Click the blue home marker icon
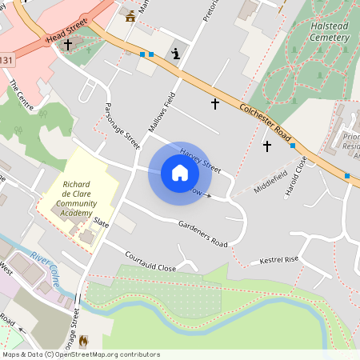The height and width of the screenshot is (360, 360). tap(179, 173)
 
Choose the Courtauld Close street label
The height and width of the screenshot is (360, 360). tap(150, 262)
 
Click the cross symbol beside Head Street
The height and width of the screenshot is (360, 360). tap(67, 45)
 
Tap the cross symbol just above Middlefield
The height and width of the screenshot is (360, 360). tap(267, 146)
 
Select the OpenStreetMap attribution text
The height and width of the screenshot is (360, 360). tap(81, 354)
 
